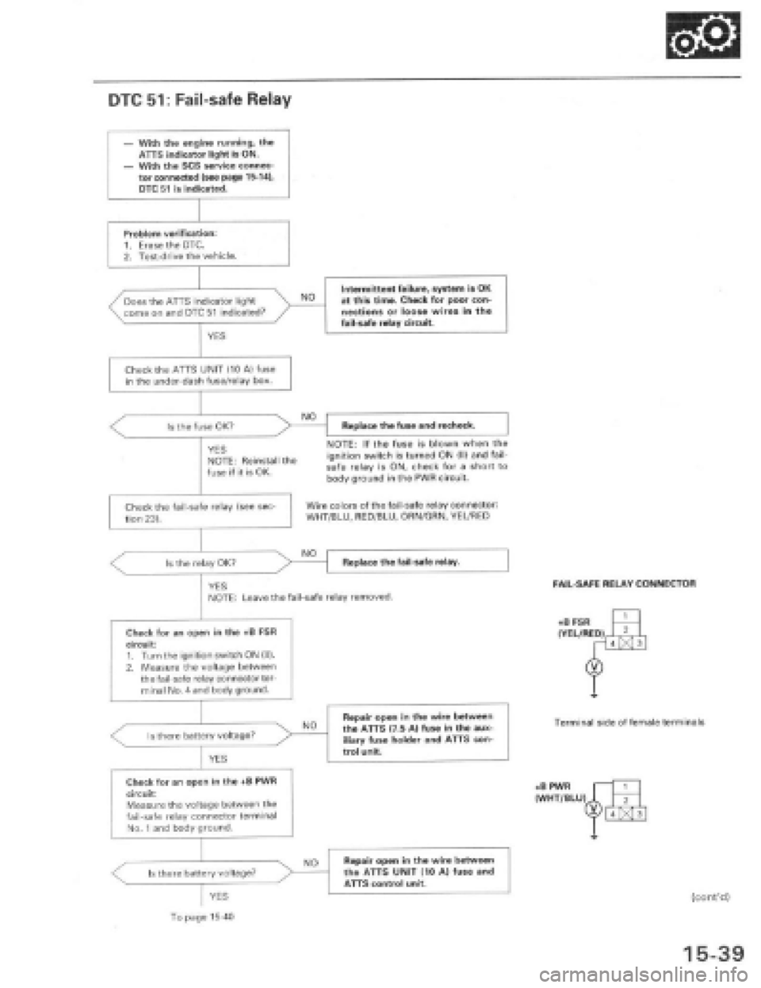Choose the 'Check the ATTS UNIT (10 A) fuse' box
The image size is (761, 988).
click(201, 374)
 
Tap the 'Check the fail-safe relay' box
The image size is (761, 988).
click(201, 510)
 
